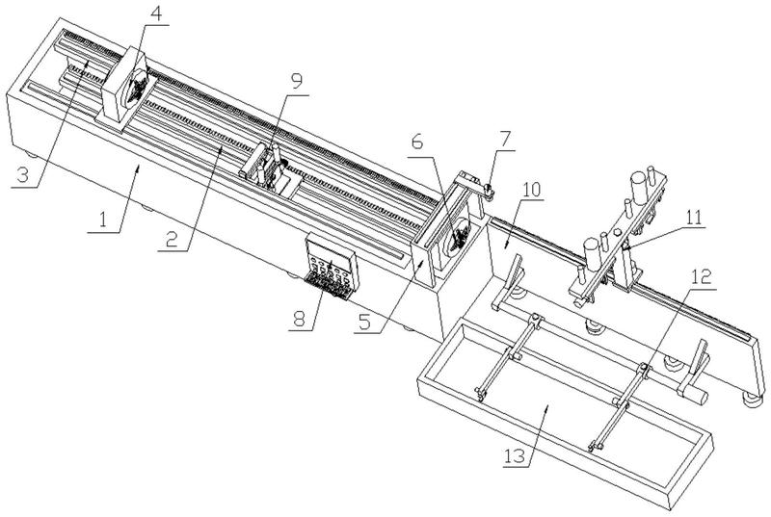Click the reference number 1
pos(103,220)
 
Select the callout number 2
pos(172,239)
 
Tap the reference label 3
pos(22,175)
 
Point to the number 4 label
pos(156,13)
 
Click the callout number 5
pos(366,322)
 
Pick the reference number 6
pos(417,142)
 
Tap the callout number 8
pos(300,318)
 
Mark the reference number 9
pos(296,81)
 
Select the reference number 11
pos(693,218)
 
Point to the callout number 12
pos(702,277)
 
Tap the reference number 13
pos(515,455)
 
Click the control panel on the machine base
pos(332,266)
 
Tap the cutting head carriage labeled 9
pos(271,169)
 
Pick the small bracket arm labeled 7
pos(474,184)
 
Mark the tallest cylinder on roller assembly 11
pos(640,188)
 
